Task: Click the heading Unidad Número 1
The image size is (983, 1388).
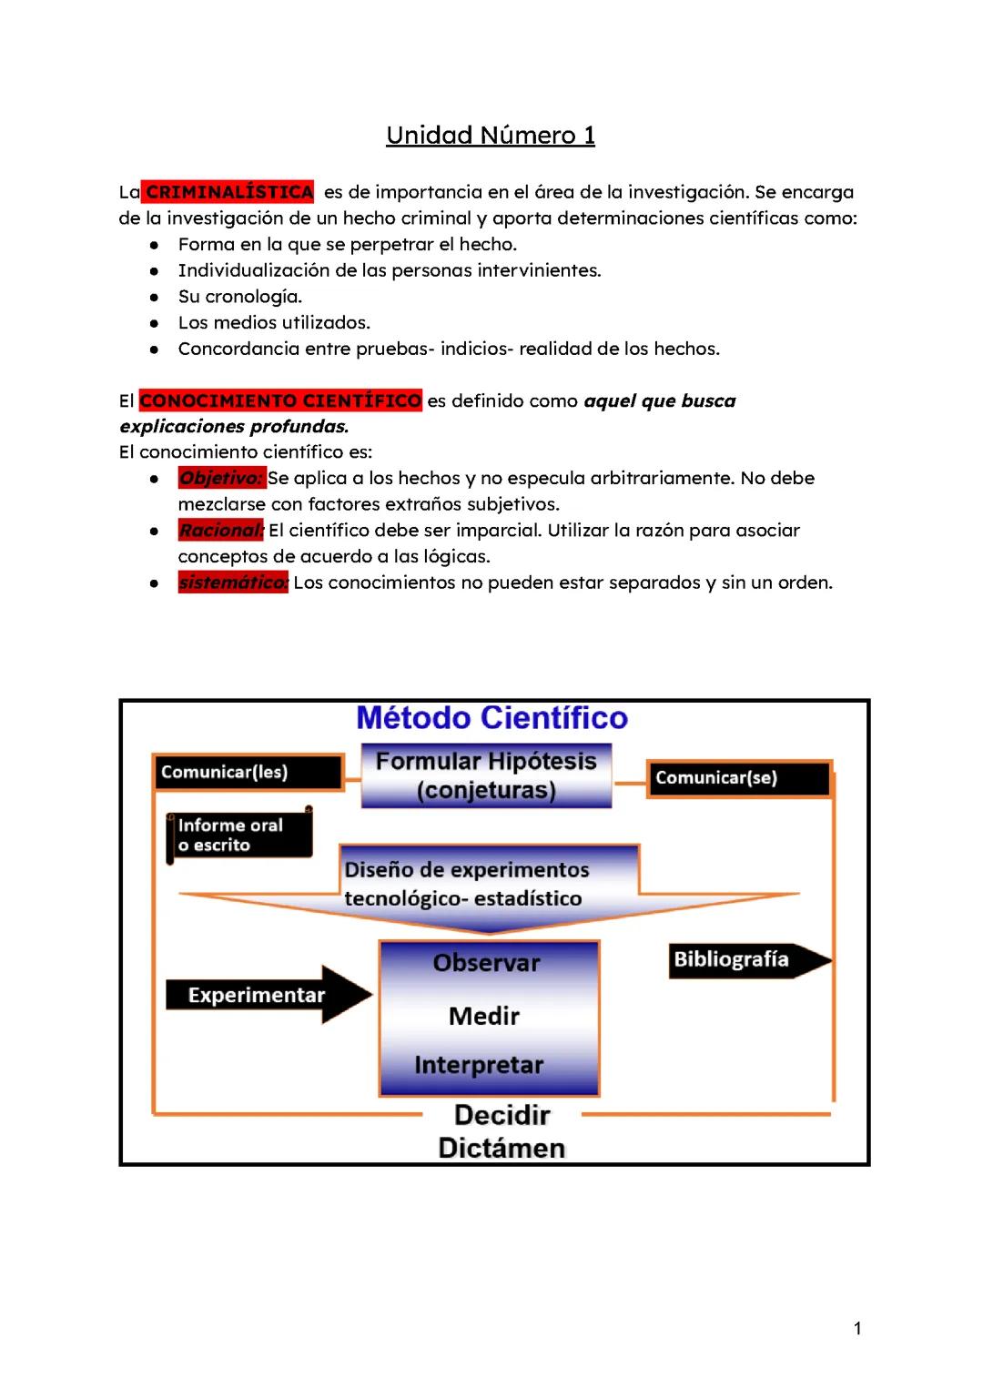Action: point(491,136)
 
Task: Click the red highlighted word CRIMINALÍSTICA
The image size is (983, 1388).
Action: point(228,192)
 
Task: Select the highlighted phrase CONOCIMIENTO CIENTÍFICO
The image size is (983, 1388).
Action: point(280,400)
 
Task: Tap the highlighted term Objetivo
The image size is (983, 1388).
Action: point(220,478)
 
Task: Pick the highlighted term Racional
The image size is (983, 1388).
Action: point(220,530)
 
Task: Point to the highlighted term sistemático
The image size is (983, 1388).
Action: point(233,583)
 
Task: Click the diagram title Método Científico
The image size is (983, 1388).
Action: point(491,718)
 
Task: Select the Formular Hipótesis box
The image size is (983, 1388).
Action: point(486,775)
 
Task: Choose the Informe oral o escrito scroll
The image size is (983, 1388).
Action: point(239,835)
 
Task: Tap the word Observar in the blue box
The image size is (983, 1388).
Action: point(486,963)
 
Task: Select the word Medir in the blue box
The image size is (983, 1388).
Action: point(484,1016)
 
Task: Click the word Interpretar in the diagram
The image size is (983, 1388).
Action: point(479,1065)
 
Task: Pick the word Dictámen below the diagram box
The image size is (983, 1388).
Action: point(502,1148)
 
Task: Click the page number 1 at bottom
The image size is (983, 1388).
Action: point(857,1329)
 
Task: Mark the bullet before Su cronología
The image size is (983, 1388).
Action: point(157,297)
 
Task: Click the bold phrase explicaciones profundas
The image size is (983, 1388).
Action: point(234,426)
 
